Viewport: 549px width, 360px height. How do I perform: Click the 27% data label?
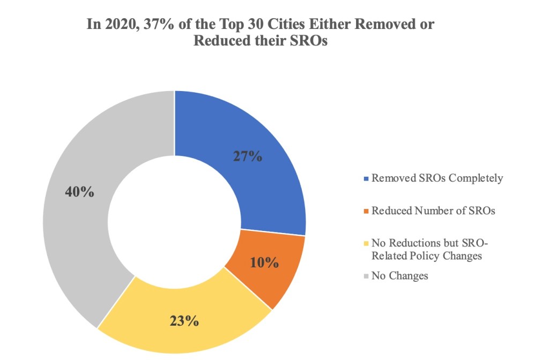[247, 156]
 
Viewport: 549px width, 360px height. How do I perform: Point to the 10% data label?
[264, 262]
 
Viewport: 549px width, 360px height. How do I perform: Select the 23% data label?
[185, 321]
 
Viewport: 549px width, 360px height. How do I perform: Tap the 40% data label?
[79, 192]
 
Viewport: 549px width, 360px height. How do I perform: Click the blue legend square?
[366, 178]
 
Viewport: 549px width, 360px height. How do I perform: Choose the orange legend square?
[366, 211]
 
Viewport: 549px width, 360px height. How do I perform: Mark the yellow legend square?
[366, 244]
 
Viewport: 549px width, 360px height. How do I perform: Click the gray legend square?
[366, 276]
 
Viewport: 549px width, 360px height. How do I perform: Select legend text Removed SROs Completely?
[437, 178]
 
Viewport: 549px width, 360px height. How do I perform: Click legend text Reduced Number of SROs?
[433, 211]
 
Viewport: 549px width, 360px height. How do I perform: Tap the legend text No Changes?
[399, 276]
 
